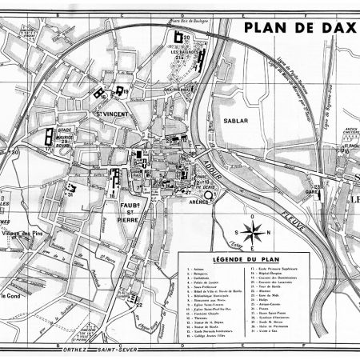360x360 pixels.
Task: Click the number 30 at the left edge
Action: [x=14, y=151]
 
